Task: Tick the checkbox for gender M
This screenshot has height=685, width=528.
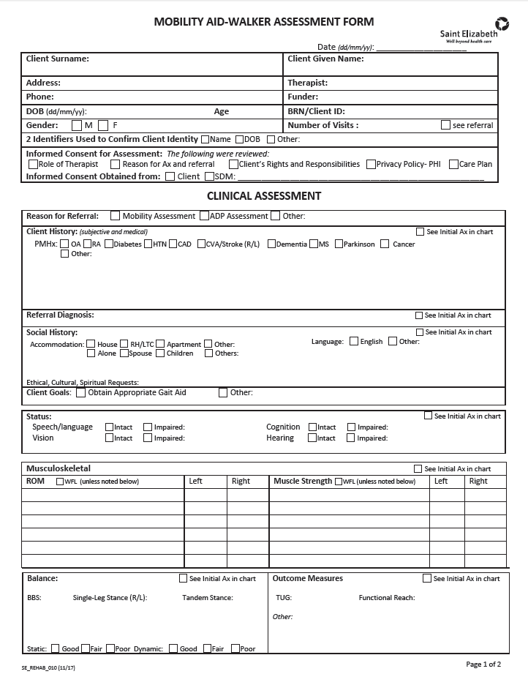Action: click(x=77, y=125)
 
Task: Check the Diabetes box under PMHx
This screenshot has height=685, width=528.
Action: click(x=108, y=244)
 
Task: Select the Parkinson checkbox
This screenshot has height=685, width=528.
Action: click(x=339, y=244)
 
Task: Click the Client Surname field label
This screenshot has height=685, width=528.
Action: click(x=58, y=59)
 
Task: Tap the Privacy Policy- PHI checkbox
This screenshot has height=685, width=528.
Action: click(x=371, y=165)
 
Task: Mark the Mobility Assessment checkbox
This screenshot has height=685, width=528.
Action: click(x=115, y=216)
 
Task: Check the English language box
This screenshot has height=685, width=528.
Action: click(x=354, y=341)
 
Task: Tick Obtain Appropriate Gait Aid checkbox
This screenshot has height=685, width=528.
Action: click(x=80, y=392)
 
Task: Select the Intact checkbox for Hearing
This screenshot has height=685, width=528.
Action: click(x=312, y=438)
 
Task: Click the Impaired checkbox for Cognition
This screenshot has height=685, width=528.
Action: click(x=351, y=427)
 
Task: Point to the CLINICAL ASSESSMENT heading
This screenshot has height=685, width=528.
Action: click(x=264, y=196)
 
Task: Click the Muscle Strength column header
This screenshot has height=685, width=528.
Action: click(x=303, y=481)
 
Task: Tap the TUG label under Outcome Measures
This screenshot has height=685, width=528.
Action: click(x=284, y=598)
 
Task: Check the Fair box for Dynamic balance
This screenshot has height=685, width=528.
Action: click(x=207, y=648)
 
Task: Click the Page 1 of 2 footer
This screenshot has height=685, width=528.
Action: click(x=483, y=665)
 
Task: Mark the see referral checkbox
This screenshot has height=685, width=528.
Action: click(x=445, y=125)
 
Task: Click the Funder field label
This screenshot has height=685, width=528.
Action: click(x=303, y=97)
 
